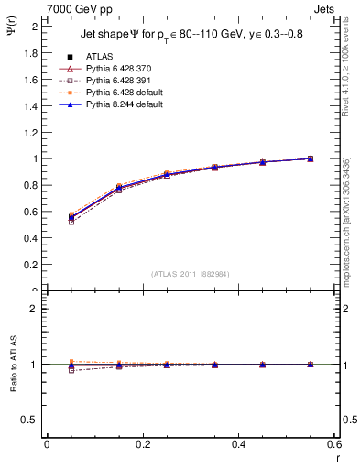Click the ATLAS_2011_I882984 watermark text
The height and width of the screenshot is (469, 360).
pyautogui.click(x=191, y=273)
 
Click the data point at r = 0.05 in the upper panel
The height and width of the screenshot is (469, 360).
pyautogui.click(x=70, y=217)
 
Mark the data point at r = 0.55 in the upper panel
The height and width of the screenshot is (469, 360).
pyautogui.click(x=311, y=158)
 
